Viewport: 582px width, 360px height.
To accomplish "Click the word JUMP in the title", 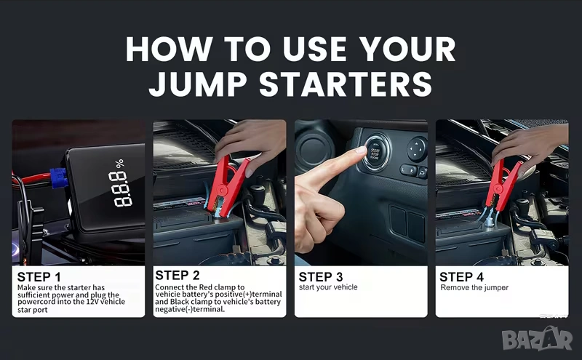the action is point(197,84).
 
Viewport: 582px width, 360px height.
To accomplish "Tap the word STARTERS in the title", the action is point(346,84).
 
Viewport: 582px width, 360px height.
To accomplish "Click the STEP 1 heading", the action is point(39,277).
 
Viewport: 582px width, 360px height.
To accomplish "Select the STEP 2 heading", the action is point(177,276).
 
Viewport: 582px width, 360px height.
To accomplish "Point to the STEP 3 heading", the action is point(321,277).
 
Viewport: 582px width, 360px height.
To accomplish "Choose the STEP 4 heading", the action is point(461,277).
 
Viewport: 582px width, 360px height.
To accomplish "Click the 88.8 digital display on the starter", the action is point(121,189).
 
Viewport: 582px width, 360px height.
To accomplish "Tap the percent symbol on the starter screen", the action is point(119,164).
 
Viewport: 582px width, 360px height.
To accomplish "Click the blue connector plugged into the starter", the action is point(59,177).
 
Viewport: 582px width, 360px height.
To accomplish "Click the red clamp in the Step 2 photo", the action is point(227,187).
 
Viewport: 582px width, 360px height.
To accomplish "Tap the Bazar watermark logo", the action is point(537,338).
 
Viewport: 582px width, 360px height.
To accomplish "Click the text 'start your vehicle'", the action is point(328,287).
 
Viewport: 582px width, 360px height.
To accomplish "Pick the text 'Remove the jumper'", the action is point(474,287).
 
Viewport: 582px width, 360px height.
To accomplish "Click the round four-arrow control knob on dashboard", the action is point(417,149).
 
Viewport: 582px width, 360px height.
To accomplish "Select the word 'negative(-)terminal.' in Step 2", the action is point(190,309).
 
